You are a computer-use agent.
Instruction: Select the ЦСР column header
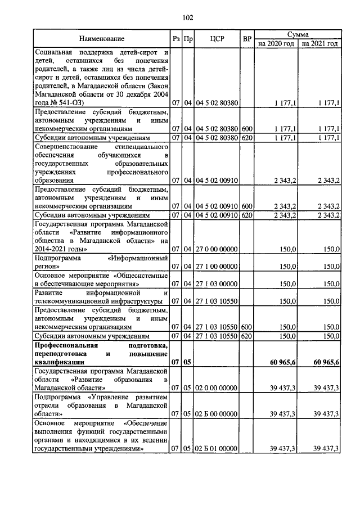click(x=217, y=38)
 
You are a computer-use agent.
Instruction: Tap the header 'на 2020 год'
click(x=276, y=43)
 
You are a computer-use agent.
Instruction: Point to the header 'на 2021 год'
click(x=319, y=43)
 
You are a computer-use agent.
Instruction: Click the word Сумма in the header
click(x=298, y=34)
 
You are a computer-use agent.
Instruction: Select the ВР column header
click(x=246, y=38)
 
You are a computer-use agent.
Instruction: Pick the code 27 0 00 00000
click(x=217, y=248)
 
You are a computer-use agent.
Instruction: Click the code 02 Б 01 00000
click(x=217, y=448)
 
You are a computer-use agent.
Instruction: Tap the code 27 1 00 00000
click(x=217, y=266)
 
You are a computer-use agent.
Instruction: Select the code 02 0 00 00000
click(x=217, y=388)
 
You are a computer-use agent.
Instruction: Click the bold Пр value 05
click(x=188, y=363)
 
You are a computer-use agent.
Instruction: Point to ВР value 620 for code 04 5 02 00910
click(x=246, y=215)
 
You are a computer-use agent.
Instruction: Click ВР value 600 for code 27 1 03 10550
click(x=246, y=327)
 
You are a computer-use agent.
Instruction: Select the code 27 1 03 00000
click(x=217, y=284)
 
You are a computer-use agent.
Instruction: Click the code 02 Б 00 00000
click(x=217, y=413)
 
